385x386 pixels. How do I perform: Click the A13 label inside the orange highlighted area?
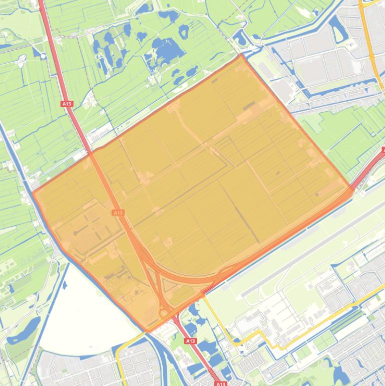[118, 213]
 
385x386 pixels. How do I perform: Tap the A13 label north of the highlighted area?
[67, 104]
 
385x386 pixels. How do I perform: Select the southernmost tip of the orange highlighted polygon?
[147, 332]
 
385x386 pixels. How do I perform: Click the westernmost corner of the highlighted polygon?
[33, 192]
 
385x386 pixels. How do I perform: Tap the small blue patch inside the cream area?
[65, 286]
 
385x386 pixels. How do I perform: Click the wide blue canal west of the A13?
[15, 165]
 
